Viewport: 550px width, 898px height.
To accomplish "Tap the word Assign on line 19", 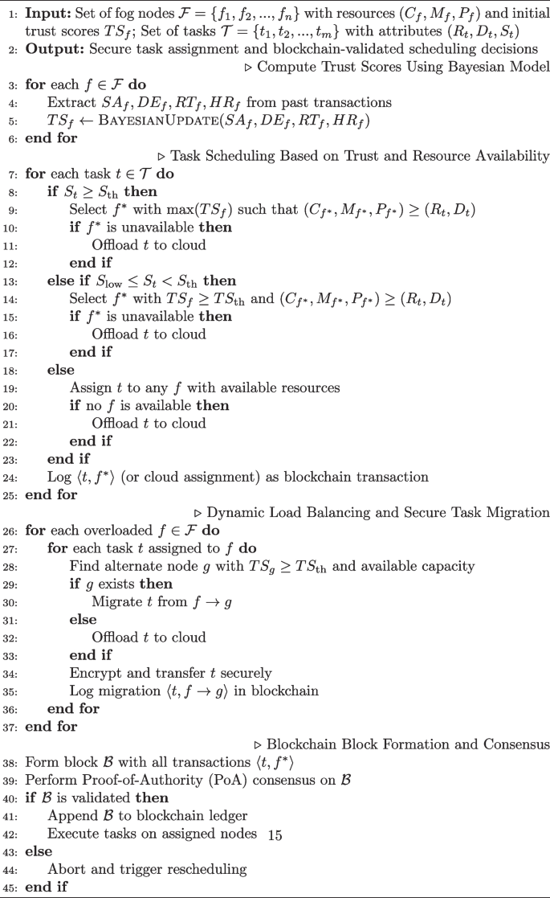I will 89,387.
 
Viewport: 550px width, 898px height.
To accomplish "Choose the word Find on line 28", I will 83,566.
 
